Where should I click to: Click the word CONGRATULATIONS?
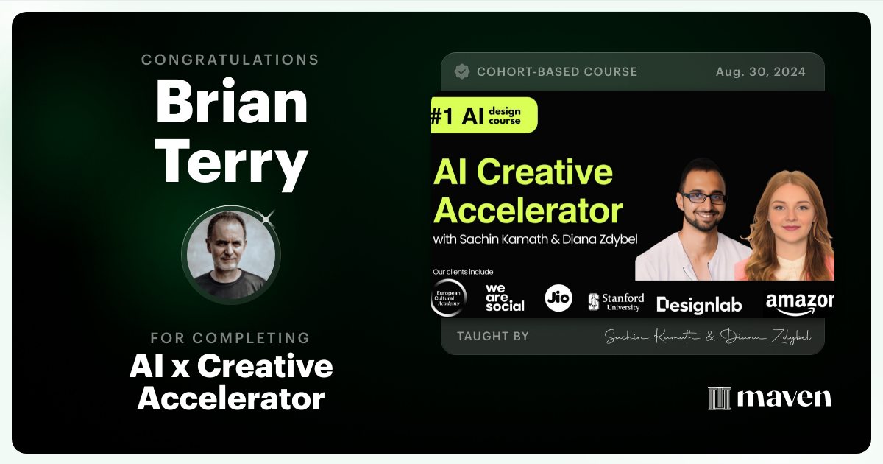click(x=230, y=60)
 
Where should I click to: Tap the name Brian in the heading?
click(x=231, y=102)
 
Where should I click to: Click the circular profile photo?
click(x=231, y=254)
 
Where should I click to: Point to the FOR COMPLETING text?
click(x=230, y=338)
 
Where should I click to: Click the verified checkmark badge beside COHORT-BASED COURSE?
click(x=462, y=71)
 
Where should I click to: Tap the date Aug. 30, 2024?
click(x=760, y=72)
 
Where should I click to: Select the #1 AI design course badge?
click(x=484, y=116)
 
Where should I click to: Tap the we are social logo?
click(x=505, y=298)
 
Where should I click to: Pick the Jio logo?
click(x=558, y=298)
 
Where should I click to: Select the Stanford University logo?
click(x=616, y=301)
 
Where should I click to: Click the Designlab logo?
click(x=699, y=304)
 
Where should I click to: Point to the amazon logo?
click(x=799, y=301)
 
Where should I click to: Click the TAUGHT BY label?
click(x=492, y=337)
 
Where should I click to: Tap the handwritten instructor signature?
click(x=707, y=337)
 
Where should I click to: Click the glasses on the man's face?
click(x=703, y=197)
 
